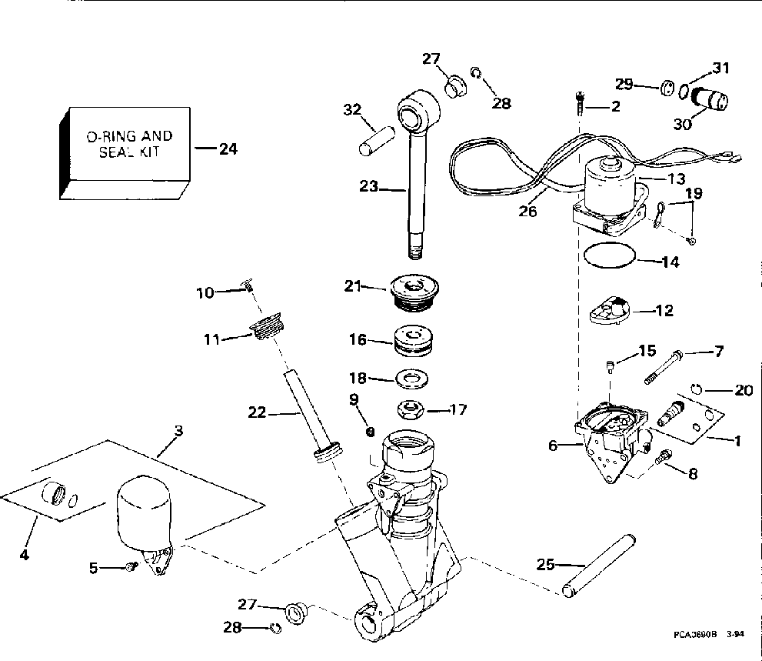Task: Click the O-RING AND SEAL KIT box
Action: (125, 153)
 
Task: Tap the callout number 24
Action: (228, 149)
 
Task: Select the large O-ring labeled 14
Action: (610, 255)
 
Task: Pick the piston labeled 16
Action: (413, 340)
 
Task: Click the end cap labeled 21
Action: (414, 293)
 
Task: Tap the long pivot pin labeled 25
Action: (599, 566)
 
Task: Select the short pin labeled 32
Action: (377, 141)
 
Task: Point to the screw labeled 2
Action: (579, 103)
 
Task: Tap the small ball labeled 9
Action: (370, 432)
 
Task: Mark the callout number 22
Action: (257, 412)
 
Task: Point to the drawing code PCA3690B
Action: (695, 635)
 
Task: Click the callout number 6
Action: (553, 445)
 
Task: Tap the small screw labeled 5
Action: (130, 566)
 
